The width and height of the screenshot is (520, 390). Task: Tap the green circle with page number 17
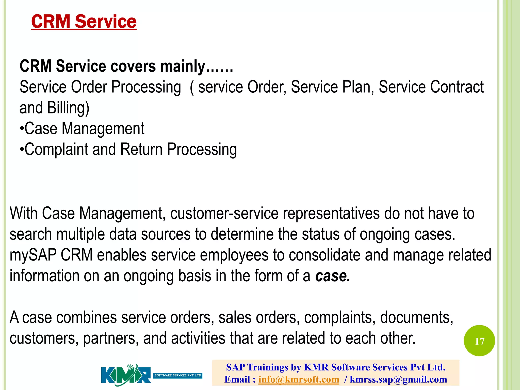479,341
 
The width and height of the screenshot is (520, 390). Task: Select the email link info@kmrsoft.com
299,379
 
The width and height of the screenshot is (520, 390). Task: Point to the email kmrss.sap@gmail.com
398,379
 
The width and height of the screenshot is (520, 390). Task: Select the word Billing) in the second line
68,108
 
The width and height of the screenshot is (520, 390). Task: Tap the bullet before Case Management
22,128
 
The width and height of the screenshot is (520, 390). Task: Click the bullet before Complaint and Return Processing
22,149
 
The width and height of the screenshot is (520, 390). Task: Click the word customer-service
224,213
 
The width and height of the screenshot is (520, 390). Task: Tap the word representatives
331,213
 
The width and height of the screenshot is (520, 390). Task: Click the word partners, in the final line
111,338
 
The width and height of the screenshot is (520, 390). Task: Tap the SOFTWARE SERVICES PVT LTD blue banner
178,375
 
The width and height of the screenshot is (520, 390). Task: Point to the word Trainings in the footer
268,367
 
